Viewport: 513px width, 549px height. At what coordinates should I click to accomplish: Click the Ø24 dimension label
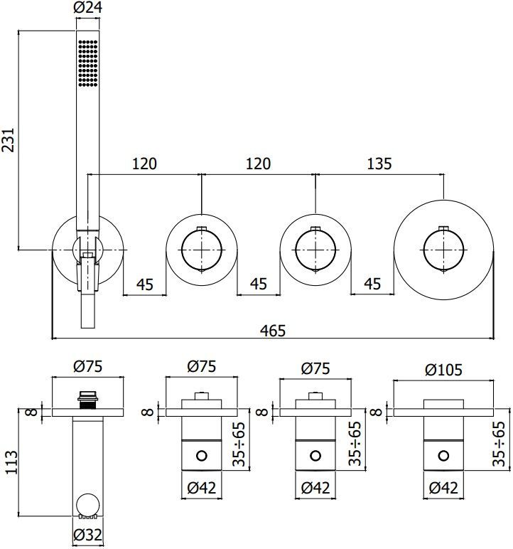click(x=87, y=9)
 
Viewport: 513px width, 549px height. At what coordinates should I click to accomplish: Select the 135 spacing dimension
click(x=379, y=164)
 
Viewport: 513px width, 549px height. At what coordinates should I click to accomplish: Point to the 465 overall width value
click(x=273, y=330)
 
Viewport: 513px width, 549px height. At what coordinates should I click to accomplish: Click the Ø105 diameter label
click(x=442, y=369)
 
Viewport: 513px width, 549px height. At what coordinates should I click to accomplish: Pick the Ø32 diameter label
click(x=87, y=535)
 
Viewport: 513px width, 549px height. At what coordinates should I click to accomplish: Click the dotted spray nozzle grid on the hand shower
click(x=87, y=63)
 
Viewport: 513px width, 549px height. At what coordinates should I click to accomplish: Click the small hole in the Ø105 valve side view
click(x=443, y=455)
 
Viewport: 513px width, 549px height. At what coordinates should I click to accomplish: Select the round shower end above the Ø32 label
click(x=87, y=506)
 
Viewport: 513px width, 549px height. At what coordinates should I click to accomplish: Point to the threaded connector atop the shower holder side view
click(x=87, y=397)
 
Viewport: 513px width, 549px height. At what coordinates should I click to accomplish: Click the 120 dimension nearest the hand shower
click(x=144, y=164)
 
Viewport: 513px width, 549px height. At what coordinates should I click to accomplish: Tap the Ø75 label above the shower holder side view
click(x=87, y=368)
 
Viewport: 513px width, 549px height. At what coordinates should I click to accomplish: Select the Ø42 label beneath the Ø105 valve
click(x=443, y=489)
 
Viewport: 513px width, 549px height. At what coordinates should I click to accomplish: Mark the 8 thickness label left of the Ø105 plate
click(x=377, y=411)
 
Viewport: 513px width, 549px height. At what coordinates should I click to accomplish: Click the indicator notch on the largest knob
click(x=443, y=229)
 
